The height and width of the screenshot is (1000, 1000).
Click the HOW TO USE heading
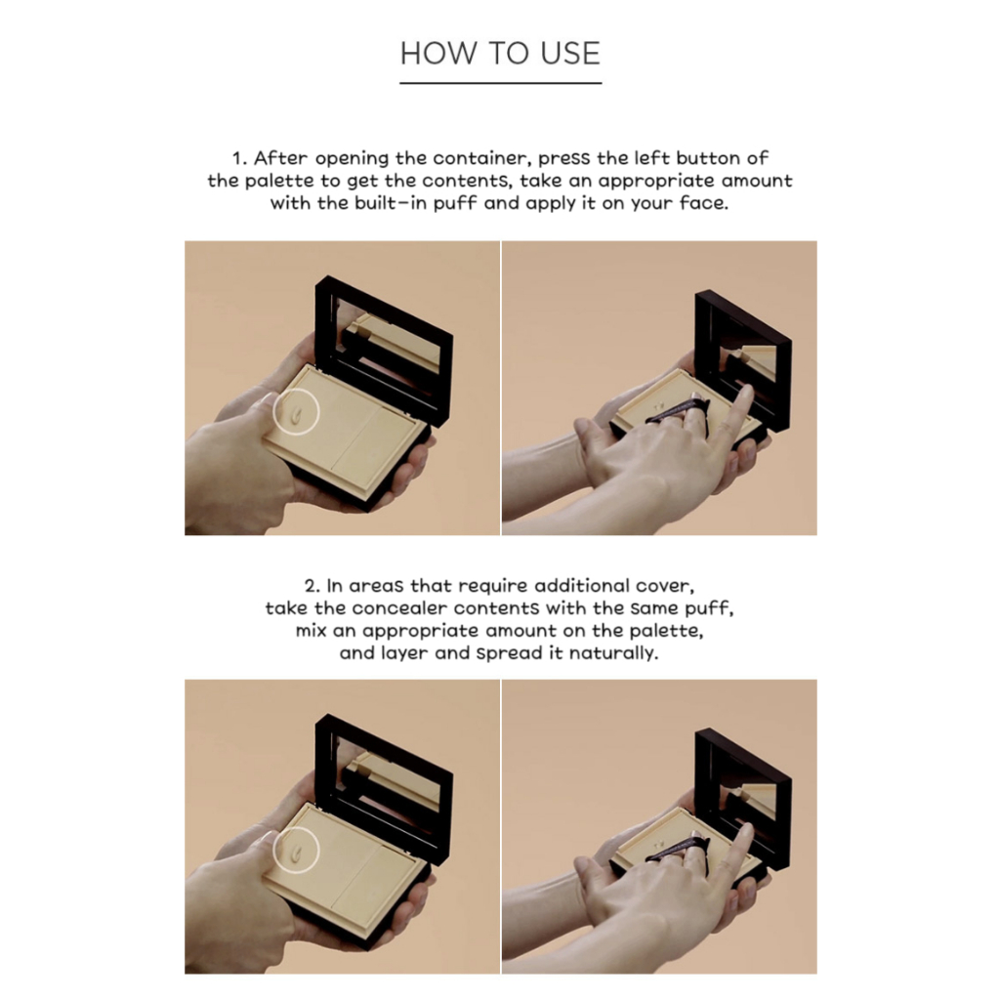(x=500, y=53)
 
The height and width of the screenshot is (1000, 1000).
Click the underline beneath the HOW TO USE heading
(x=501, y=82)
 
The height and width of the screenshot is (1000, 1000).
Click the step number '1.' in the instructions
(x=239, y=158)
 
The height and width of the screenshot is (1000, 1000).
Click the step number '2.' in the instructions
(x=312, y=586)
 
